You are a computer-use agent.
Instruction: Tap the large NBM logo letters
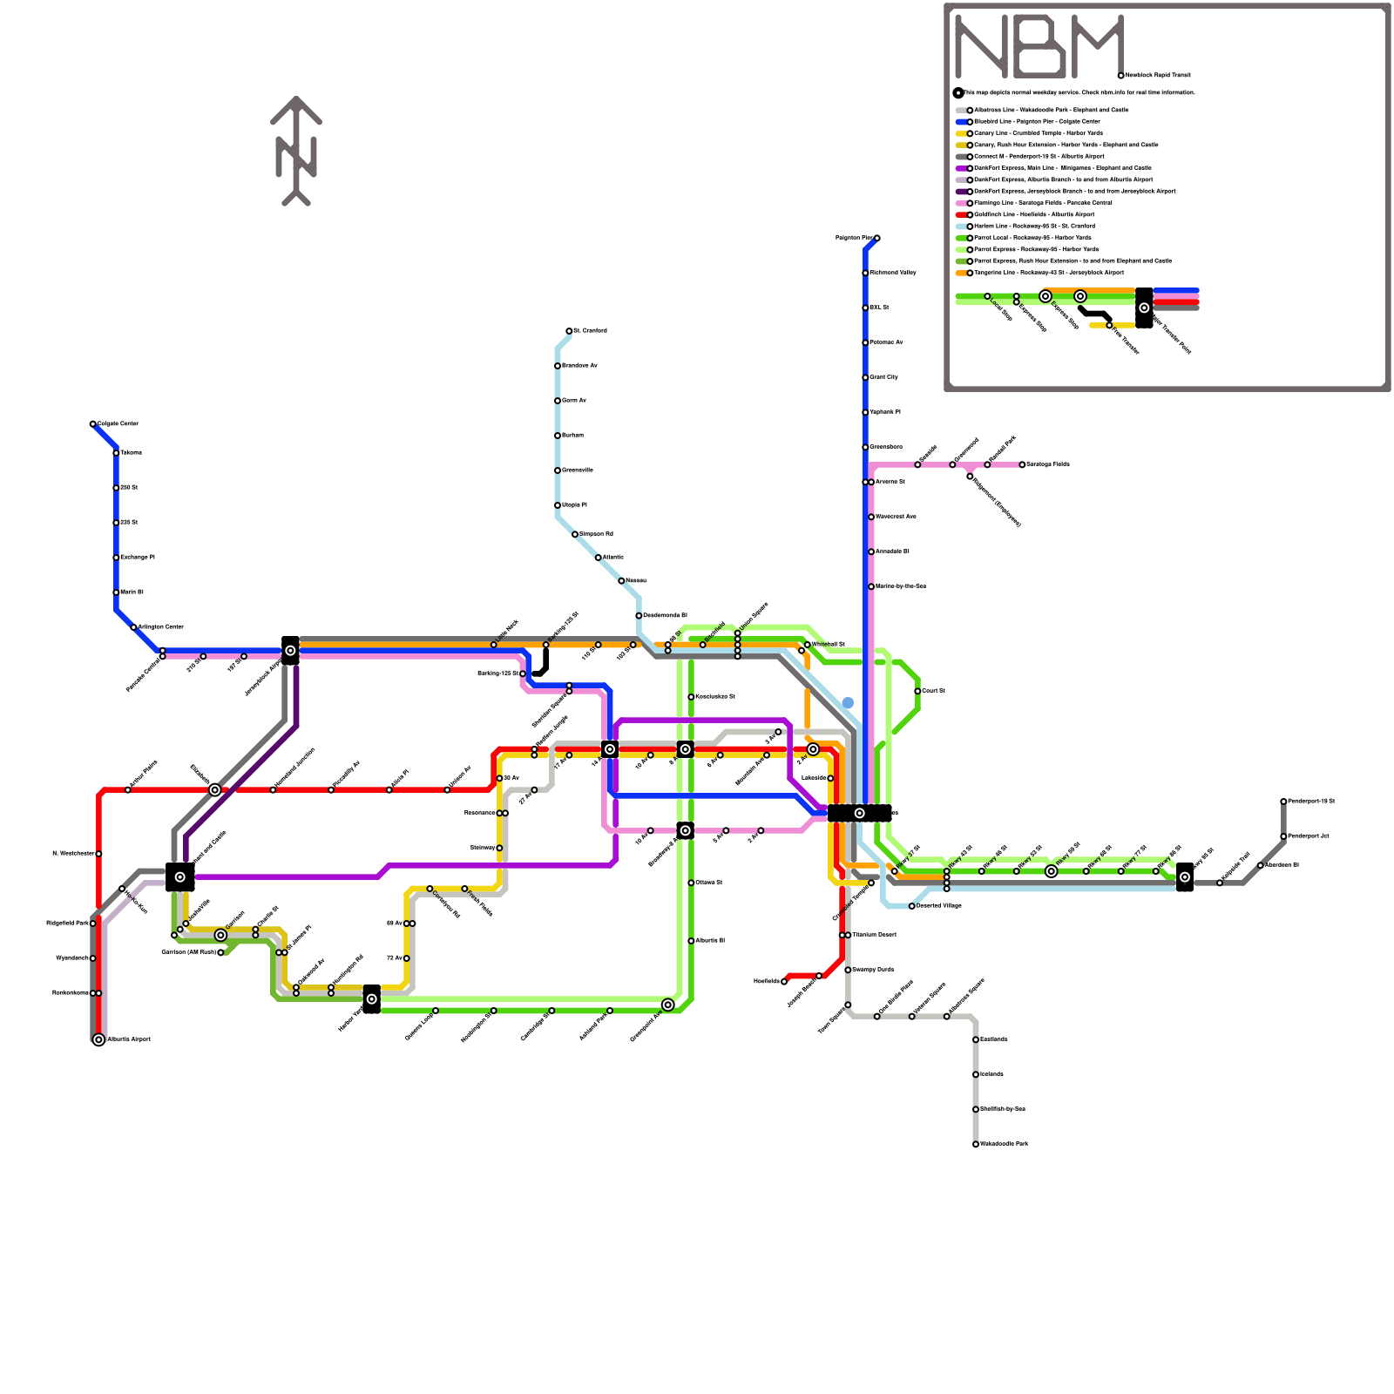pyautogui.click(x=1039, y=47)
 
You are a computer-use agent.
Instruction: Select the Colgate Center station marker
pyautogui.click(x=93, y=424)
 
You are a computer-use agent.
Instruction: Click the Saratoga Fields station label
pyautogui.click(x=1047, y=464)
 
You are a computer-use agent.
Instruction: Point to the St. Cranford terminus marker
pyautogui.click(x=569, y=331)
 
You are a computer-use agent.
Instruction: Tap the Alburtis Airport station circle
pyautogui.click(x=98, y=1039)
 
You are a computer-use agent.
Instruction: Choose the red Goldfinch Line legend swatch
pyautogui.click(x=962, y=214)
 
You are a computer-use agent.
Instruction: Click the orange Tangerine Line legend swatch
pyautogui.click(x=962, y=273)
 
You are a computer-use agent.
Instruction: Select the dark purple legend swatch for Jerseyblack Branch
pyautogui.click(x=962, y=192)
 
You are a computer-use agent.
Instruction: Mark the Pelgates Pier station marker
pyautogui.click(x=876, y=238)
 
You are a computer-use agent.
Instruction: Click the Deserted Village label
pyautogui.click(x=939, y=906)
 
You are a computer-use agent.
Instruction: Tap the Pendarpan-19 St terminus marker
pyautogui.click(x=1283, y=802)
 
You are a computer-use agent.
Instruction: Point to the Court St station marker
pyautogui.click(x=917, y=691)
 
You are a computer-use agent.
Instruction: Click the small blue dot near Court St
pyautogui.click(x=848, y=703)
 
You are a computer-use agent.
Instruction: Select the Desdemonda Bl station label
pyautogui.click(x=665, y=615)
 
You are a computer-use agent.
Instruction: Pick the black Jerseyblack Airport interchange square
pyautogui.click(x=290, y=650)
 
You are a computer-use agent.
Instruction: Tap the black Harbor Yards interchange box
pyautogui.click(x=371, y=998)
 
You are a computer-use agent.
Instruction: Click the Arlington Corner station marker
pyautogui.click(x=133, y=627)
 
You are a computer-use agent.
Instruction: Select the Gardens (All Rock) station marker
pyautogui.click(x=220, y=952)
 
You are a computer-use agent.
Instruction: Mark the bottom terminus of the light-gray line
pyautogui.click(x=976, y=1144)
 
